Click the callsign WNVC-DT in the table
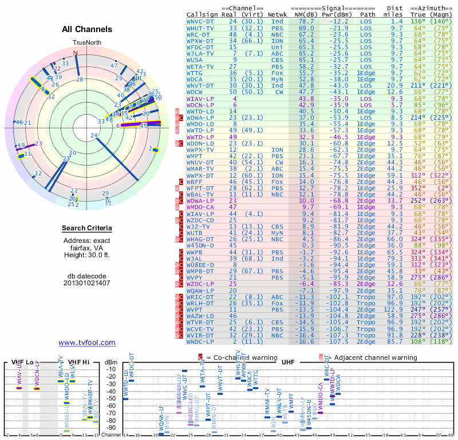click(200, 21)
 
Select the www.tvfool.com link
click(87, 343)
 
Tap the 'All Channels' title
click(87, 29)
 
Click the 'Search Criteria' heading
click(87, 229)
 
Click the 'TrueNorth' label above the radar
click(87, 44)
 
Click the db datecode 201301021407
click(87, 283)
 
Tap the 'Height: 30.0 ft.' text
click(87, 255)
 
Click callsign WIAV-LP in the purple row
click(200, 99)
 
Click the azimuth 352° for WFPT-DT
click(421, 187)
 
